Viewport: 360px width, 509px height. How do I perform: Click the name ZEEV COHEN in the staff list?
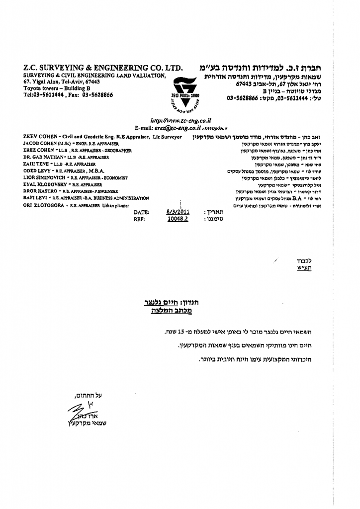[40, 136]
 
